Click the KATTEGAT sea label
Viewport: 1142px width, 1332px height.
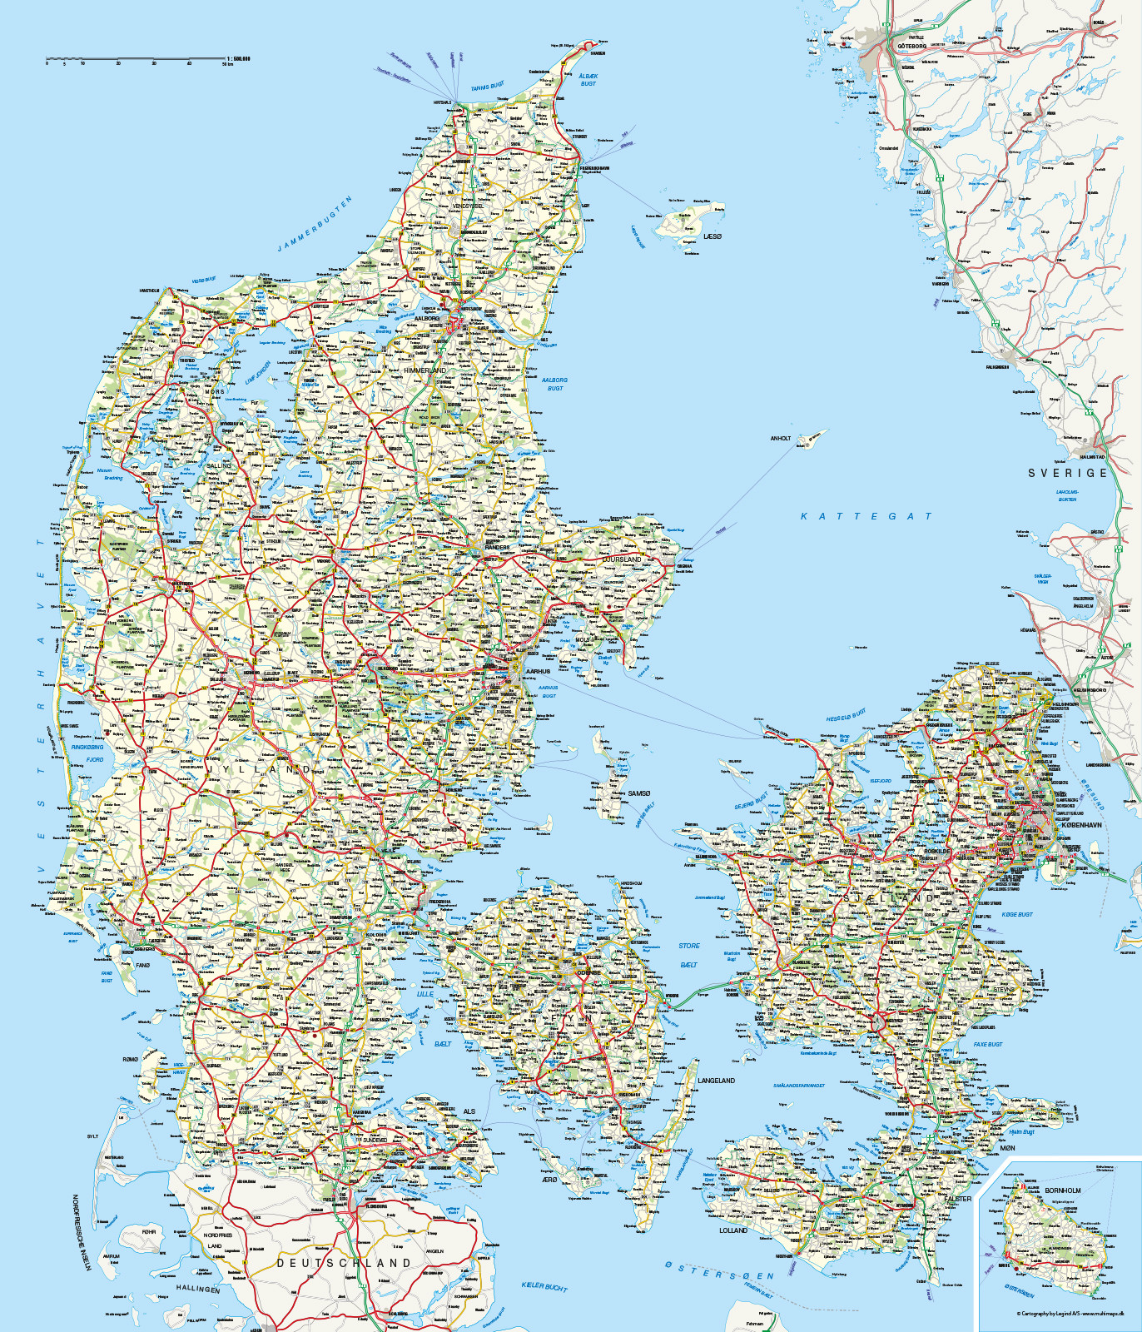coord(866,516)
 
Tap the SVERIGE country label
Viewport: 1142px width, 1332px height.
coord(1068,473)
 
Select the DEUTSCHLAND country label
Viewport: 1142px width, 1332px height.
coord(344,1263)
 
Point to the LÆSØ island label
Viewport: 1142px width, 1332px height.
coord(713,236)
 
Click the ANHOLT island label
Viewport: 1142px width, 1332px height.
coord(781,438)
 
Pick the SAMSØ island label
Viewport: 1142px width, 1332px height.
coord(639,793)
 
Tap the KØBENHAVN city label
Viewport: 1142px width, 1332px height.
coord(1081,825)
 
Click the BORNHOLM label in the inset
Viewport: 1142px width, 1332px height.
coord(1063,1190)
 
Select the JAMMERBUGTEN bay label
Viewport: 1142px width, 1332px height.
coord(315,224)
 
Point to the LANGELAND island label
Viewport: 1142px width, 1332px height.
coord(716,1081)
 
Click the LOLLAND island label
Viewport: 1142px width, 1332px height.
coord(733,1230)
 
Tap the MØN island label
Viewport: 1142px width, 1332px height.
coord(1007,1148)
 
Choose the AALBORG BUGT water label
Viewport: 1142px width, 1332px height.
coord(554,384)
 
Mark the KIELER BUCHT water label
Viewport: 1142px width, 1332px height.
coord(544,1287)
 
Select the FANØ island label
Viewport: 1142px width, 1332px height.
coord(142,966)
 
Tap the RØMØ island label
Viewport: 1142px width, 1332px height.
coord(131,1060)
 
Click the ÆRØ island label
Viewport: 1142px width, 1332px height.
coord(549,1180)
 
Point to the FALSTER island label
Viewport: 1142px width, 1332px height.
coord(958,1199)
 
